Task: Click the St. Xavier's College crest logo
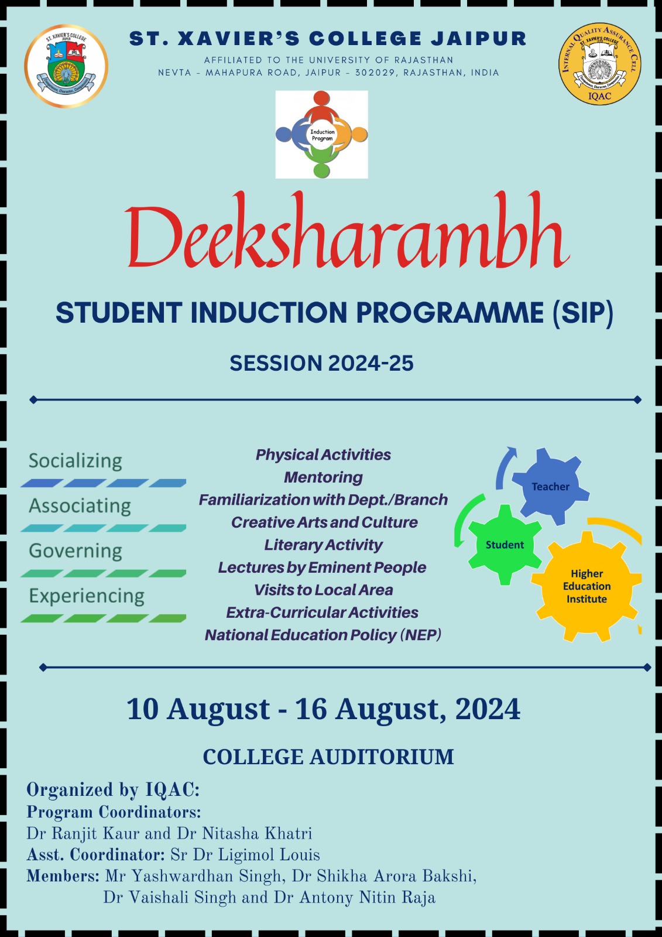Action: (66, 66)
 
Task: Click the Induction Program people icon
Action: (321, 134)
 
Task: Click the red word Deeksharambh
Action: (347, 234)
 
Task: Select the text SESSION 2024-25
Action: (321, 363)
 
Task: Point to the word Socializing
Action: (76, 461)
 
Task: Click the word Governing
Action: (76, 551)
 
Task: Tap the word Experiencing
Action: (87, 596)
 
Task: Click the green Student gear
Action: (505, 545)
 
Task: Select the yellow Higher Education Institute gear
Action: (586, 586)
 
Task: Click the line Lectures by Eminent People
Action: (322, 567)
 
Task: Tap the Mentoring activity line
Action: (323, 477)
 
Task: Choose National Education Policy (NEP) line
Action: (323, 635)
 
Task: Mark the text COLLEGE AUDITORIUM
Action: (328, 757)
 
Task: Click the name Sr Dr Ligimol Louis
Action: (245, 855)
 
